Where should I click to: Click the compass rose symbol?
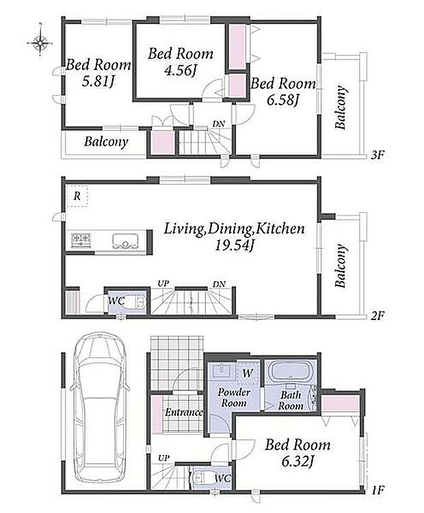[40, 42]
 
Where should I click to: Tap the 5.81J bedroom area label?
[98, 82]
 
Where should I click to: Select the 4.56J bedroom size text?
[180, 70]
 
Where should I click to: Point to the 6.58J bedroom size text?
[282, 100]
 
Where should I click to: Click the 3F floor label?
[377, 155]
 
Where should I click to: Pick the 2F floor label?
[377, 316]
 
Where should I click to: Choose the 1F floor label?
[377, 490]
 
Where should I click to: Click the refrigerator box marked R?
[77, 196]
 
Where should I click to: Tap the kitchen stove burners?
[81, 241]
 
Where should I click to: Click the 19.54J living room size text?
[234, 245]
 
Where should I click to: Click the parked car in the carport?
[99, 399]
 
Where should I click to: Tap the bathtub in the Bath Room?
[289, 373]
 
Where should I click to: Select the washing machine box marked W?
[248, 373]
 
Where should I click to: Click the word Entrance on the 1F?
[184, 412]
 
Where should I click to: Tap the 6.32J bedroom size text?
[297, 462]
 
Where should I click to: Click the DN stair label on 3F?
[219, 124]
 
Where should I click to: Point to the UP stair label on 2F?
[163, 283]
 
